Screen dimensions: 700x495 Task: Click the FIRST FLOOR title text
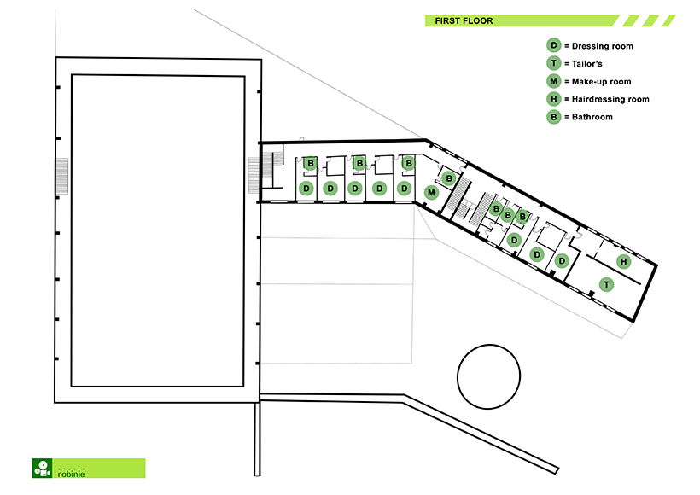tap(464, 21)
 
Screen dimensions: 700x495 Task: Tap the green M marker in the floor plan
tap(431, 193)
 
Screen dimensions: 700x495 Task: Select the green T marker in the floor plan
tap(606, 284)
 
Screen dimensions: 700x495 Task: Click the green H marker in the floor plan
tap(624, 261)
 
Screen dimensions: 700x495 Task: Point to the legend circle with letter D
tap(553, 45)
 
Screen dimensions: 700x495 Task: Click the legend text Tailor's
tap(587, 64)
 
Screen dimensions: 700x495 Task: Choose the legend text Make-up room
tap(601, 82)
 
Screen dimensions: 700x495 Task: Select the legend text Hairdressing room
tap(610, 99)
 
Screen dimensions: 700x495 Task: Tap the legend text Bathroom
tap(592, 117)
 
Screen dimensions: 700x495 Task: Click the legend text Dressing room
tap(602, 46)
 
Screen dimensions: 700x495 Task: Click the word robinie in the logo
tap(72, 474)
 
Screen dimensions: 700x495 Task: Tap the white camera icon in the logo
tap(43, 469)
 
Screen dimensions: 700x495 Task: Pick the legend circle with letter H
tap(553, 99)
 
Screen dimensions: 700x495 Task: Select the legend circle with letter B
tap(553, 117)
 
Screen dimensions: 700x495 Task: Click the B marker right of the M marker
tap(449, 179)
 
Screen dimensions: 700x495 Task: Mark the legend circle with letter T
tap(553, 63)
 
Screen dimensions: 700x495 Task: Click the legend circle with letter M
tap(553, 81)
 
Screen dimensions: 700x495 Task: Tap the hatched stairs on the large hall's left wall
tap(61, 176)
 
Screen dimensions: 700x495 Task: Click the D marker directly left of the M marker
tap(404, 189)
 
